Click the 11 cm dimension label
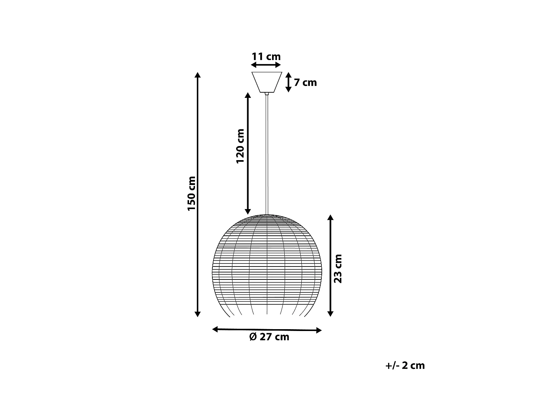click(x=266, y=57)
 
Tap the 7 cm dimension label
click(x=305, y=82)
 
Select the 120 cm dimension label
click(x=240, y=146)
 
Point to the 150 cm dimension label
click(x=191, y=193)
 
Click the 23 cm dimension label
click(x=338, y=268)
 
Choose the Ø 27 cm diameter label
click(x=269, y=337)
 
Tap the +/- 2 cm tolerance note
click(x=405, y=365)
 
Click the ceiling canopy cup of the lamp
click(x=267, y=82)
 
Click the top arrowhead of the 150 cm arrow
click(x=198, y=75)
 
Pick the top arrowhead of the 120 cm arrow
click(x=248, y=95)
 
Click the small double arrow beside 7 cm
click(x=289, y=82)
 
